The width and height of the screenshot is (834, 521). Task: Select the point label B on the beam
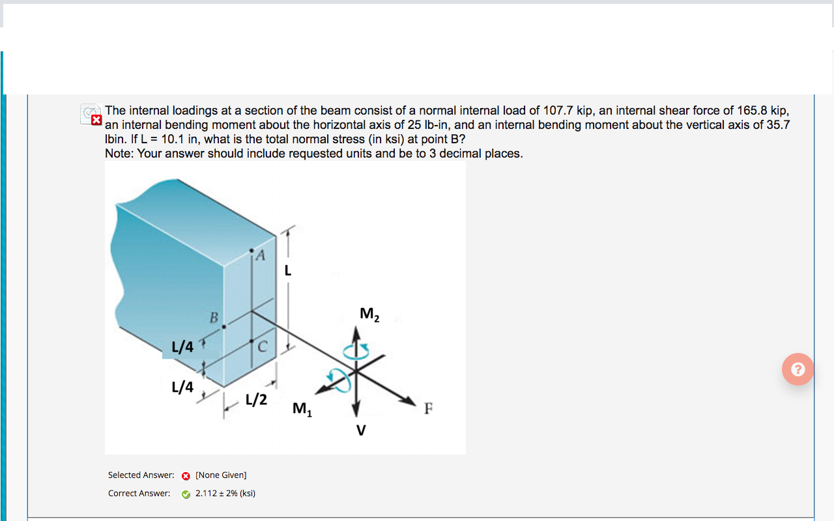(213, 318)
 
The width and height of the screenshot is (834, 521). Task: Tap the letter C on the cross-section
(262, 346)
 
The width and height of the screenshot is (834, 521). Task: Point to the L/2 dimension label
(256, 399)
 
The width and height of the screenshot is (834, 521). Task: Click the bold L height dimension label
(287, 270)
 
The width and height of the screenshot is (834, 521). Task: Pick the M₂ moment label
(369, 315)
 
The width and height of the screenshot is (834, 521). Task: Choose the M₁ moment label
(302, 409)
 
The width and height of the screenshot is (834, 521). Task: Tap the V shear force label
(360, 430)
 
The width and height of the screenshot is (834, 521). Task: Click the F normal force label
(428, 409)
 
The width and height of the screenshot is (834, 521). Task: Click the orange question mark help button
(798, 369)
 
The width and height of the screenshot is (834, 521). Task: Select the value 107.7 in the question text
(558, 111)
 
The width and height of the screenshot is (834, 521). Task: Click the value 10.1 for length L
(173, 139)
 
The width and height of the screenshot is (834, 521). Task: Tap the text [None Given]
(221, 475)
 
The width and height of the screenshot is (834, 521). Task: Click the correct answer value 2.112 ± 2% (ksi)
(225, 494)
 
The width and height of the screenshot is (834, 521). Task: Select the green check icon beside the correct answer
(186, 494)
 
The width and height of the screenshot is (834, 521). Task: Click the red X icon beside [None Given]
(186, 475)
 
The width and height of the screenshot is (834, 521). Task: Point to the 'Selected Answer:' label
(141, 475)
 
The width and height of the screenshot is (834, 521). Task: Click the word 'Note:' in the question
(119, 154)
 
